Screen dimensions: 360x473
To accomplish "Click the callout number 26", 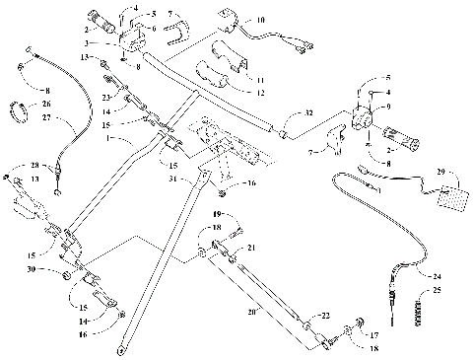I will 46,103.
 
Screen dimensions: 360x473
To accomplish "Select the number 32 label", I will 308,114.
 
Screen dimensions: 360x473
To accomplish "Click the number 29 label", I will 439,172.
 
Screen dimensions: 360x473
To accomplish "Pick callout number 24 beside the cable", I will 438,276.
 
